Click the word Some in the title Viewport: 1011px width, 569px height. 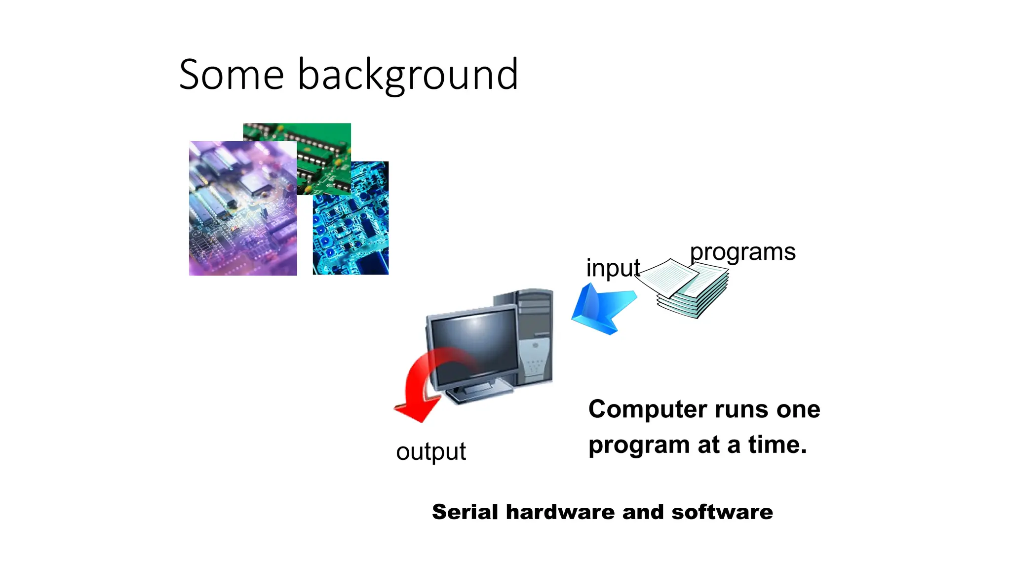tap(231, 75)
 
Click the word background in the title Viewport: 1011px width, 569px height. tap(408, 75)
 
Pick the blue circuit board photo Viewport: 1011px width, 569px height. tap(351, 232)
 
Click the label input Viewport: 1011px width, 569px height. tap(612, 268)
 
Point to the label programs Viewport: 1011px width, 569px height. tap(742, 252)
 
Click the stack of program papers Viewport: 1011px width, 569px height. tap(686, 289)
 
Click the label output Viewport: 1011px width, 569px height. tap(430, 451)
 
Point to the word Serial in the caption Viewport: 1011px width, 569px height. tap(464, 512)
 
